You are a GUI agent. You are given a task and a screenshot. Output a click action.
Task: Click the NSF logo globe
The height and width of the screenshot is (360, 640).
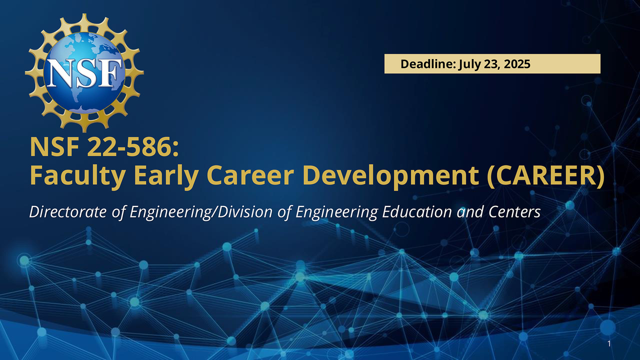coord(84,73)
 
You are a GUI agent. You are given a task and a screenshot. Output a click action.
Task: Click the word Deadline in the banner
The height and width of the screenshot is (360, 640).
coord(427,63)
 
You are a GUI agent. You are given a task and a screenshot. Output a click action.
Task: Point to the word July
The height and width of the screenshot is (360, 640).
coord(469,64)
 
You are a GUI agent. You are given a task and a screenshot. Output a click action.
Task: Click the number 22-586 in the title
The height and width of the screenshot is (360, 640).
coord(133,147)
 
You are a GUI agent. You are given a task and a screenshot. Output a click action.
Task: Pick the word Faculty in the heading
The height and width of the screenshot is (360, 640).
coord(77,175)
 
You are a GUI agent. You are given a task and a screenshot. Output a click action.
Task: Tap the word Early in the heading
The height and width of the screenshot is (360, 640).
coord(166,175)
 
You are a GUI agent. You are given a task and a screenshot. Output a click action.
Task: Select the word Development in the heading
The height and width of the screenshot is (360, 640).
coord(390,175)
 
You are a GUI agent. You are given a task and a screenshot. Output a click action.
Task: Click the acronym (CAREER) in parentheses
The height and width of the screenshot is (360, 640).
coord(546,175)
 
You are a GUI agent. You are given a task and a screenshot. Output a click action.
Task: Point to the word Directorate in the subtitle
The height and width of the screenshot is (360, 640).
coord(68,212)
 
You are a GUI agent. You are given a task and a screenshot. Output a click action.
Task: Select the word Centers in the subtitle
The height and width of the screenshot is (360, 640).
coord(514,212)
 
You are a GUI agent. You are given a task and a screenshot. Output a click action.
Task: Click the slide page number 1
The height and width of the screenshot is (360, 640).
coord(609,343)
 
